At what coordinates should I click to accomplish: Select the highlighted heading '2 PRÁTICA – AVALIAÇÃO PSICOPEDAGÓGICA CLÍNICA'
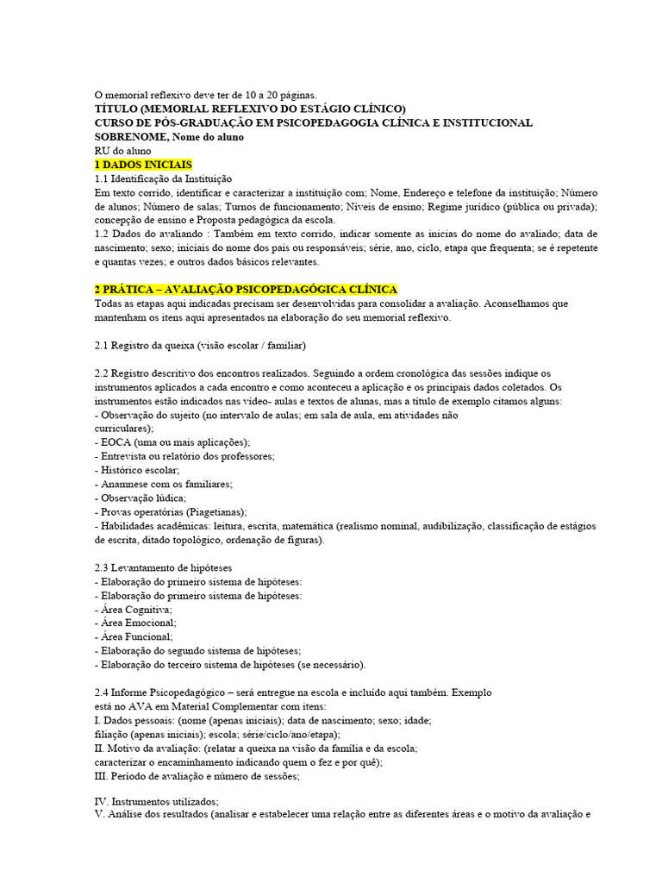(246, 290)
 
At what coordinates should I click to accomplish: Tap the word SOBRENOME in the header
(129, 136)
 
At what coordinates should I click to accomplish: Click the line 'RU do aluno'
(122, 150)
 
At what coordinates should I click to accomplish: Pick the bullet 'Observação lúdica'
(140, 498)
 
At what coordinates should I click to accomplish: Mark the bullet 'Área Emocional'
(135, 623)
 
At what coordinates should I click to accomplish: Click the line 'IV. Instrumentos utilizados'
(157, 801)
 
